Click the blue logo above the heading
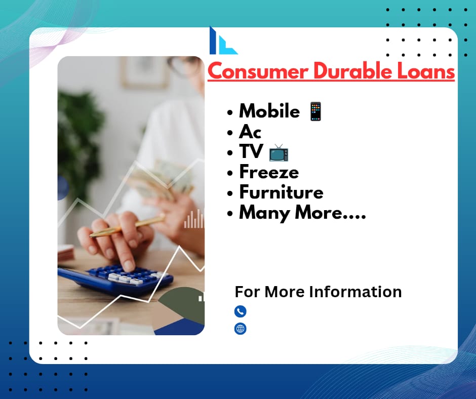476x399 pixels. (x=223, y=41)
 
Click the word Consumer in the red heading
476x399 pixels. (x=258, y=72)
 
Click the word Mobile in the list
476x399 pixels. (x=269, y=111)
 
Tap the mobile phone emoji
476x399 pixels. (x=315, y=111)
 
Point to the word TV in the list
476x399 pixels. (x=251, y=151)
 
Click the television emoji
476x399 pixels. (x=279, y=153)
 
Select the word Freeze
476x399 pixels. (x=269, y=172)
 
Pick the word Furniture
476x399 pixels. (x=282, y=192)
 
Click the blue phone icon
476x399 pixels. (x=240, y=311)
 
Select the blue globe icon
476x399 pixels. (x=240, y=329)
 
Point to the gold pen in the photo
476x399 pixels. (x=128, y=226)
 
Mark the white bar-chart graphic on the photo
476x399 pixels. (x=193, y=219)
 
